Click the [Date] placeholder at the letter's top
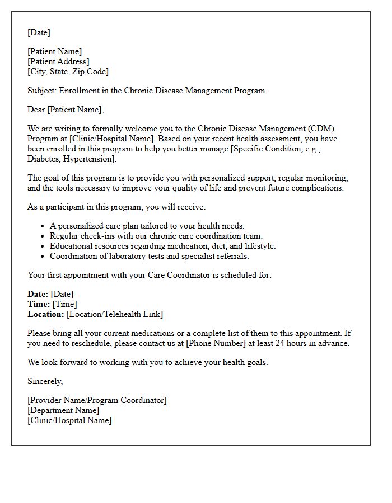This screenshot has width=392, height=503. click(39, 32)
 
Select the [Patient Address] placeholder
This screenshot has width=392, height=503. click(58, 61)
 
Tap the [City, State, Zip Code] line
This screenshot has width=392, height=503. click(68, 72)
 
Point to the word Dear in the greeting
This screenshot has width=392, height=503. click(36, 110)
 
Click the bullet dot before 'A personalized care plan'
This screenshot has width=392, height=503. click(43, 226)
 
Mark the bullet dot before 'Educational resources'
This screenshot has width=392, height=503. click(43, 246)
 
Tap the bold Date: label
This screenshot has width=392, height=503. click(38, 294)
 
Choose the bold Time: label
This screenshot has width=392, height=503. click(39, 304)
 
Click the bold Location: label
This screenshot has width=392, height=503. click(45, 314)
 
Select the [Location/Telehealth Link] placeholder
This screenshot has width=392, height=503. click(115, 314)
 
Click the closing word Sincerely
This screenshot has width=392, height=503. click(45, 381)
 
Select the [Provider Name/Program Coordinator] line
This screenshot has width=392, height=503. click(97, 400)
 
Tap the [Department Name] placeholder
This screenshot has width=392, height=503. click(63, 410)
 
